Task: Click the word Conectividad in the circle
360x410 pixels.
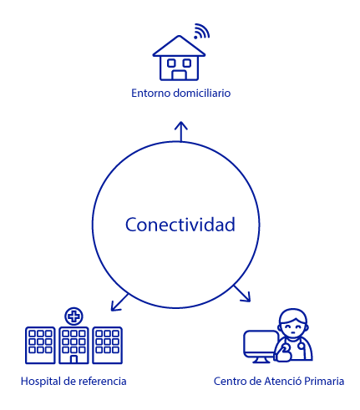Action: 180,225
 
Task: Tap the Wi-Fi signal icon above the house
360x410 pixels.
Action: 201,31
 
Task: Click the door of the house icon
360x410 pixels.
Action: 179,75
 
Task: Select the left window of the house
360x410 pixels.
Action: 171,63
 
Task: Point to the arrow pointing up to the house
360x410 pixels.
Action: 181,132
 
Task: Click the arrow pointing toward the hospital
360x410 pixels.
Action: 119,302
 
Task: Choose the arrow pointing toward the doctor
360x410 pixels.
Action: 242,293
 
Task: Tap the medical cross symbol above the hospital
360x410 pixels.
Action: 74,316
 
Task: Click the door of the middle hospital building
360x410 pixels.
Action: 74,359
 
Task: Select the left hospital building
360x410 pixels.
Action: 40,345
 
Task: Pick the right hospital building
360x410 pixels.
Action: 107,345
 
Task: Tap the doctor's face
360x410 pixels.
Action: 294,327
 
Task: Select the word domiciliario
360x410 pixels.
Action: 201,93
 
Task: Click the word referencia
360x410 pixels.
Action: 103,381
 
